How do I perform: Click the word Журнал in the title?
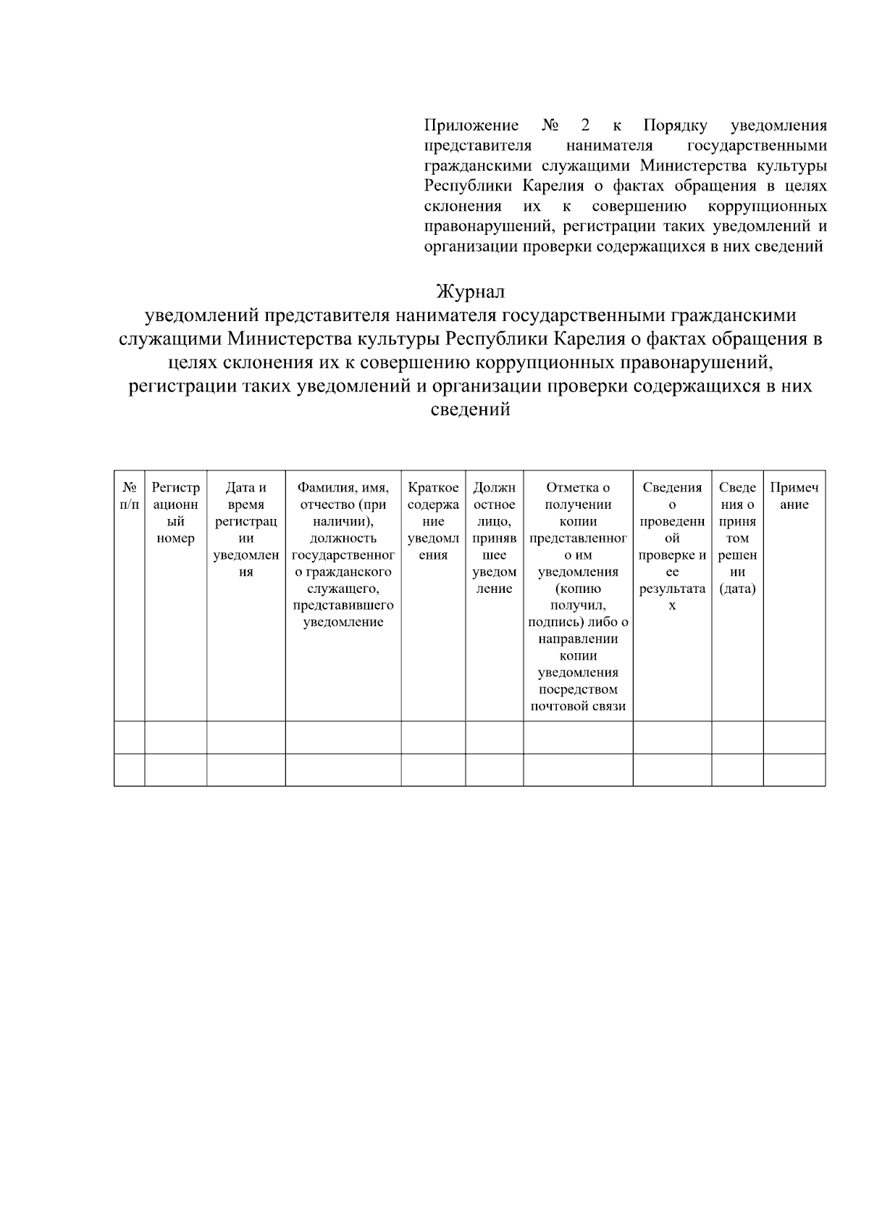[x=470, y=292]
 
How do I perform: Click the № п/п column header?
[x=130, y=496]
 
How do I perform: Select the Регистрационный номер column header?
[x=175, y=513]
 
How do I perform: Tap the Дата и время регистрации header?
[x=246, y=530]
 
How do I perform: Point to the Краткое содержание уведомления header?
[x=433, y=521]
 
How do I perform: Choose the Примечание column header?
[x=794, y=496]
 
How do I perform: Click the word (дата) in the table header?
[x=737, y=589]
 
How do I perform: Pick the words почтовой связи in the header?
[x=578, y=706]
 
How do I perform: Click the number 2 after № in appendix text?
[x=585, y=125]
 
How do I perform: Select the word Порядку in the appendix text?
[x=675, y=125]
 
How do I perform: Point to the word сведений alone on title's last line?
[x=470, y=410]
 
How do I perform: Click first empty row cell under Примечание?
[x=794, y=737]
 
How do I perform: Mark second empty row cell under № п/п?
[x=130, y=770]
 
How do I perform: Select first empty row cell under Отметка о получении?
[x=578, y=737]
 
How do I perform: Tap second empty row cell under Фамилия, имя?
[x=343, y=770]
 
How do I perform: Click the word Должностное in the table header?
[x=494, y=496]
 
